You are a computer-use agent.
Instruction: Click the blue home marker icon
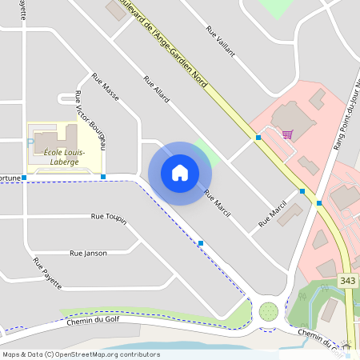coord(180,173)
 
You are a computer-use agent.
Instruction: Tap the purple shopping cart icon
coord(287,134)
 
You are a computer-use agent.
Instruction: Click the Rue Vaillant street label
coord(221,41)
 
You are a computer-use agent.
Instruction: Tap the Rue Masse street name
coord(106,87)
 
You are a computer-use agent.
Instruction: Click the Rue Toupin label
coord(109,217)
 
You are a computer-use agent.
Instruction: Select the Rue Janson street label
coord(88,253)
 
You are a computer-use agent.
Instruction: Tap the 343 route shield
coord(347,281)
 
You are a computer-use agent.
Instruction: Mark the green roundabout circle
coord(269,311)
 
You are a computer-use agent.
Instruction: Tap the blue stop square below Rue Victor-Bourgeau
coord(103,176)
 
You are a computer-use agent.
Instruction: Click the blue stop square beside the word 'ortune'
coord(25,177)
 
